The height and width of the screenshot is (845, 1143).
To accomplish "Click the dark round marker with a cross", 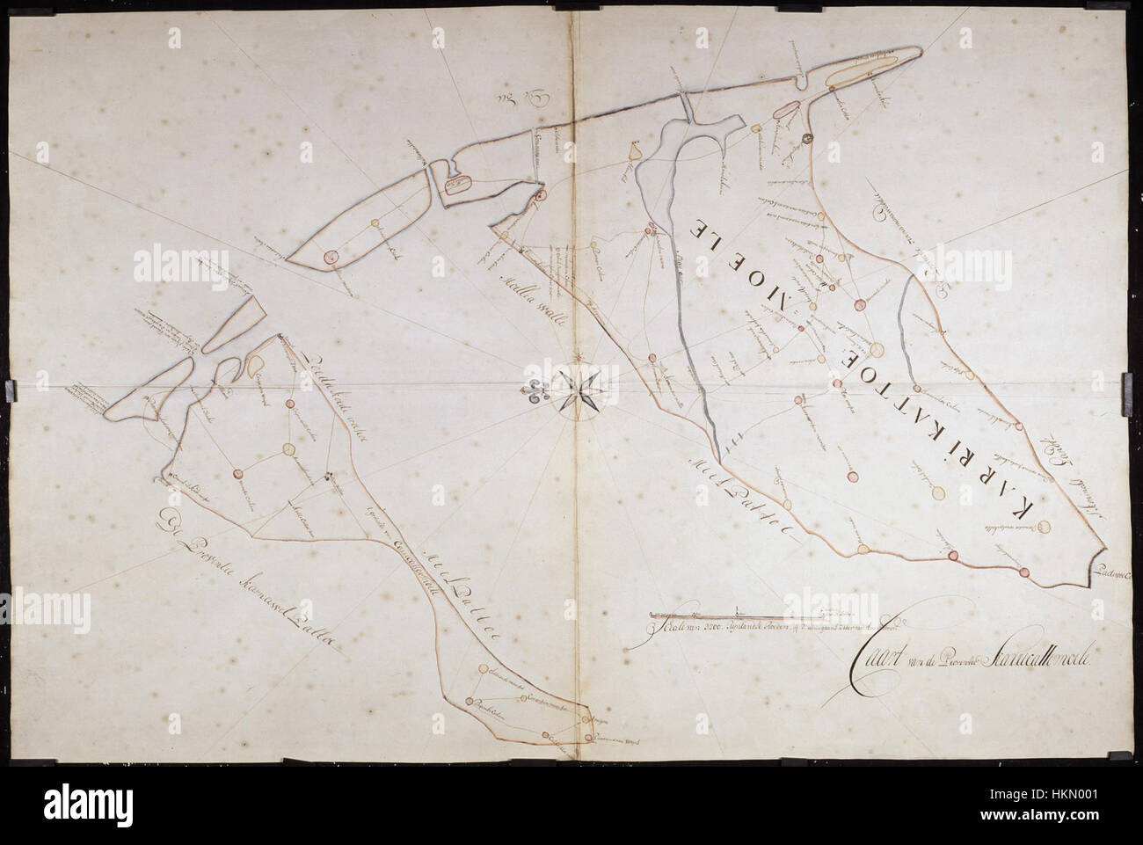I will pos(807,138).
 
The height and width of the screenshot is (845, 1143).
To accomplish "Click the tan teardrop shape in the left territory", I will pos(256,362).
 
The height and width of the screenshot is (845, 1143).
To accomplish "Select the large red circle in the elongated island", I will pos(331,257).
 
